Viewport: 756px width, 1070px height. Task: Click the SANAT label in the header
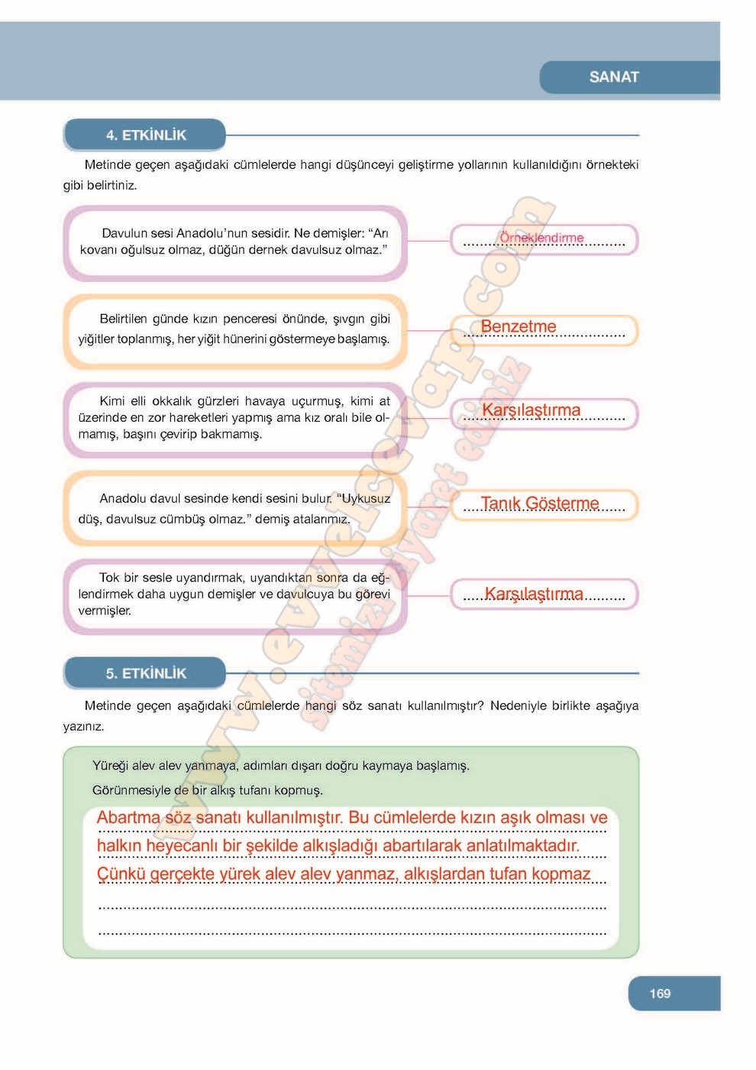click(x=614, y=77)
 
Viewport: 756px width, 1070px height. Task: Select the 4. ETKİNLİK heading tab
click(x=146, y=135)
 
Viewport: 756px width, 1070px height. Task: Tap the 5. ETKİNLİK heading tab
click(x=146, y=673)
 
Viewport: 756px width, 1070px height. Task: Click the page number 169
click(x=660, y=994)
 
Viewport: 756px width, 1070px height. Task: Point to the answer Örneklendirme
click(x=541, y=238)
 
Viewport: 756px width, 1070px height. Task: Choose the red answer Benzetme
click(x=519, y=326)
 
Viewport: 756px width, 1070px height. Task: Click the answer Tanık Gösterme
click(x=540, y=503)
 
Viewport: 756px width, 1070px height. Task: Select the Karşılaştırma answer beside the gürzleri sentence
click(x=531, y=410)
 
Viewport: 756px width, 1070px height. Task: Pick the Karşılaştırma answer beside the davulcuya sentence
click(x=534, y=594)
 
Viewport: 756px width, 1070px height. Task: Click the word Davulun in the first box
click(x=124, y=233)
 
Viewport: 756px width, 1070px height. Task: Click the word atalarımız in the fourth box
click(x=321, y=519)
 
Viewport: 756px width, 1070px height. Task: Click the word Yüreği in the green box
click(x=110, y=765)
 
